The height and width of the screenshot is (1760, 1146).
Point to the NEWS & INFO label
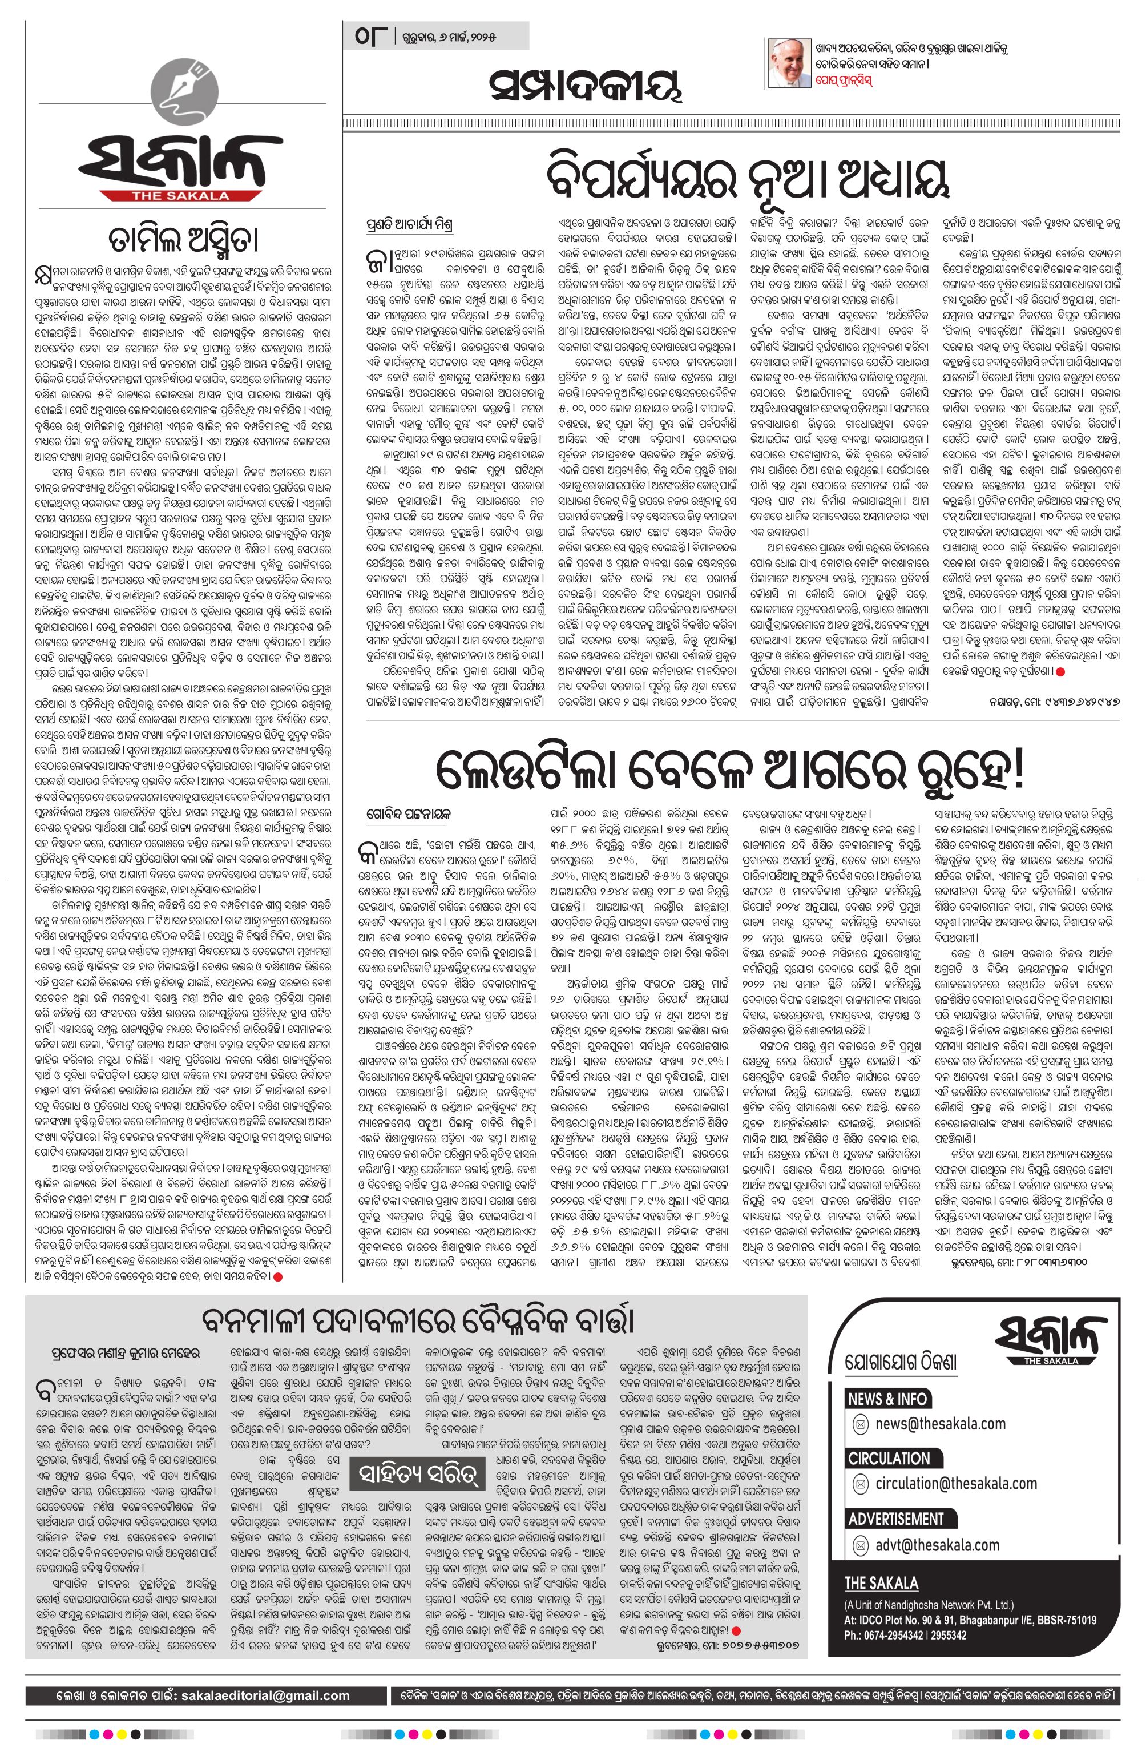click(887, 1399)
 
